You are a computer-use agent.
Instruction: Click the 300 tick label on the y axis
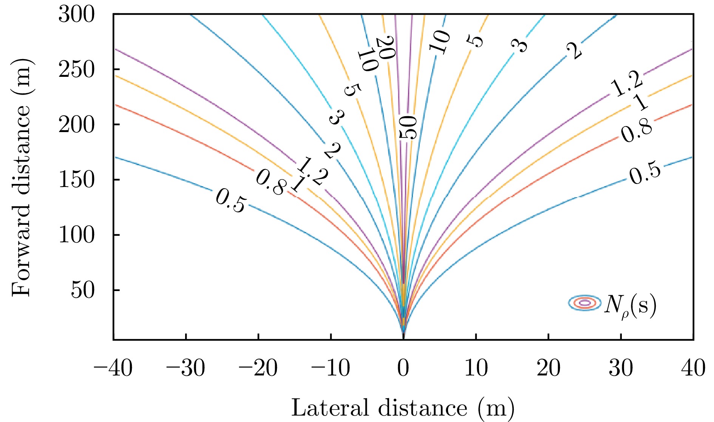[76, 16]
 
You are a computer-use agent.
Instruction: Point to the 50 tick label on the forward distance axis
[82, 291]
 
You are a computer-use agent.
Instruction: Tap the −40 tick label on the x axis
[113, 368]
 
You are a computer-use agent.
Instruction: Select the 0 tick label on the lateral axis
[403, 368]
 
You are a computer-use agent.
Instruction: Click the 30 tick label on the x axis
[621, 368]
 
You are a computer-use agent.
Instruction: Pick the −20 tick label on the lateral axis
[258, 368]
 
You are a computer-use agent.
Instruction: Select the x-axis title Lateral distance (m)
[403, 408]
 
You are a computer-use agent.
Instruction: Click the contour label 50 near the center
[408, 128]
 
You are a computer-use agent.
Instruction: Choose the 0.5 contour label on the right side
[645, 173]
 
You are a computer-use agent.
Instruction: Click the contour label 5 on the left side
[352, 90]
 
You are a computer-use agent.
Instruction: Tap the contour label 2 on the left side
[332, 151]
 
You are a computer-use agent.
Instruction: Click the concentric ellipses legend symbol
[584, 303]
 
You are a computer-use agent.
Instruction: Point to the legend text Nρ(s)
[630, 306]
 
